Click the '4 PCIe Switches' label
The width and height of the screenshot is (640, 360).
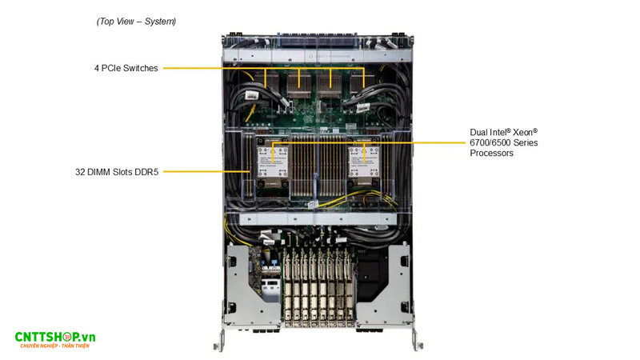tap(126, 68)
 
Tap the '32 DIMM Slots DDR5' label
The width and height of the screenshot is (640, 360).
tap(115, 171)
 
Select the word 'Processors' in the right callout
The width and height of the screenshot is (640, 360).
tap(491, 153)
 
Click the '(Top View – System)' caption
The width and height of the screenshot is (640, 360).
tap(136, 22)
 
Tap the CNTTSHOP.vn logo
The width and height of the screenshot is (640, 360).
tap(54, 340)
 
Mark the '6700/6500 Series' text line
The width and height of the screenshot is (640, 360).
tap(504, 142)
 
